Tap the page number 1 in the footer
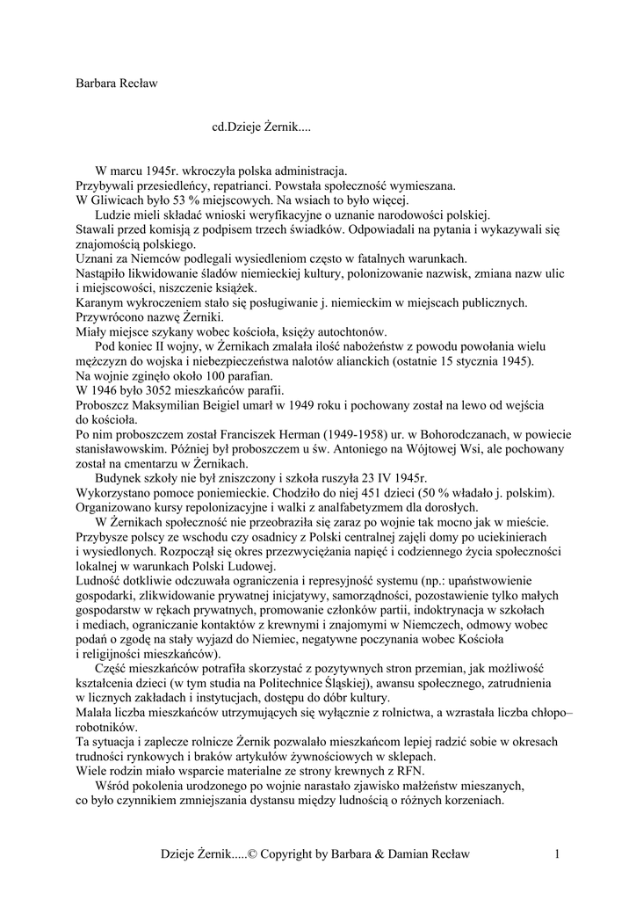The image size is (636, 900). point(557,853)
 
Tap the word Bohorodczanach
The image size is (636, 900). point(488,434)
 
